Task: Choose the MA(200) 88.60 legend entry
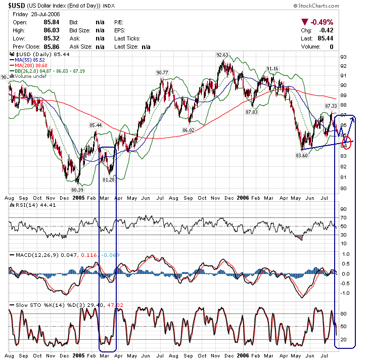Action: pos(33,65)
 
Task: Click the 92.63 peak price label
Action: pos(222,55)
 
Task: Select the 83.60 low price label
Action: pos(302,155)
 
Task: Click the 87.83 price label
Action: pos(252,112)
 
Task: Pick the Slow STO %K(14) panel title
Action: pos(38,304)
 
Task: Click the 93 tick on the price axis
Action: pos(343,57)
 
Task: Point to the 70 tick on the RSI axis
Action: pos(343,218)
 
